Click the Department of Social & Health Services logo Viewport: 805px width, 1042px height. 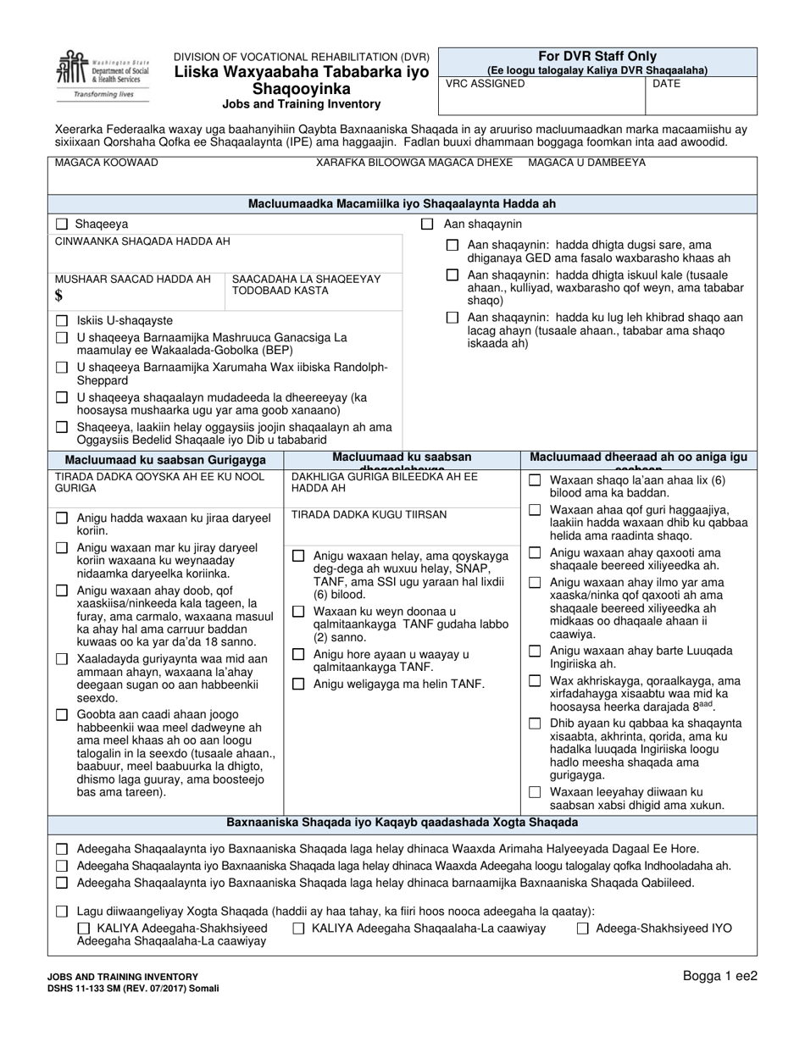93,75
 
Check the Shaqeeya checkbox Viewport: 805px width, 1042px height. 61,224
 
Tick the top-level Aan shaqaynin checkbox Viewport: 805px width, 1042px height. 428,224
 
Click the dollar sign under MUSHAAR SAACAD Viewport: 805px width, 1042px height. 58,296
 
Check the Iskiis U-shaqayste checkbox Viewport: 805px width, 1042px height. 61,321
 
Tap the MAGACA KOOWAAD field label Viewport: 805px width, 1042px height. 107,162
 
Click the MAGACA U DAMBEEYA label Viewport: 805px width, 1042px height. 586,162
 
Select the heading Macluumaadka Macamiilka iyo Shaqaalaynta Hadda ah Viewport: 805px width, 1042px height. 402,204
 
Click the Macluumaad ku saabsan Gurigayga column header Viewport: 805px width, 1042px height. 166,459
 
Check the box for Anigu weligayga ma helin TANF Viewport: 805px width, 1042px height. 298,684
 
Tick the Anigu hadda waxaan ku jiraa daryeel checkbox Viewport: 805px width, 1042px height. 61,518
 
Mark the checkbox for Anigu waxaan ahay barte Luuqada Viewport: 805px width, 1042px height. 535,651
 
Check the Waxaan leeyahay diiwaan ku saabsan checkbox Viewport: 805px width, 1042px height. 535,792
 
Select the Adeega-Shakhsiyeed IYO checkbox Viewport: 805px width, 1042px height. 583,928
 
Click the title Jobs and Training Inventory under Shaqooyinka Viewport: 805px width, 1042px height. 302,104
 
